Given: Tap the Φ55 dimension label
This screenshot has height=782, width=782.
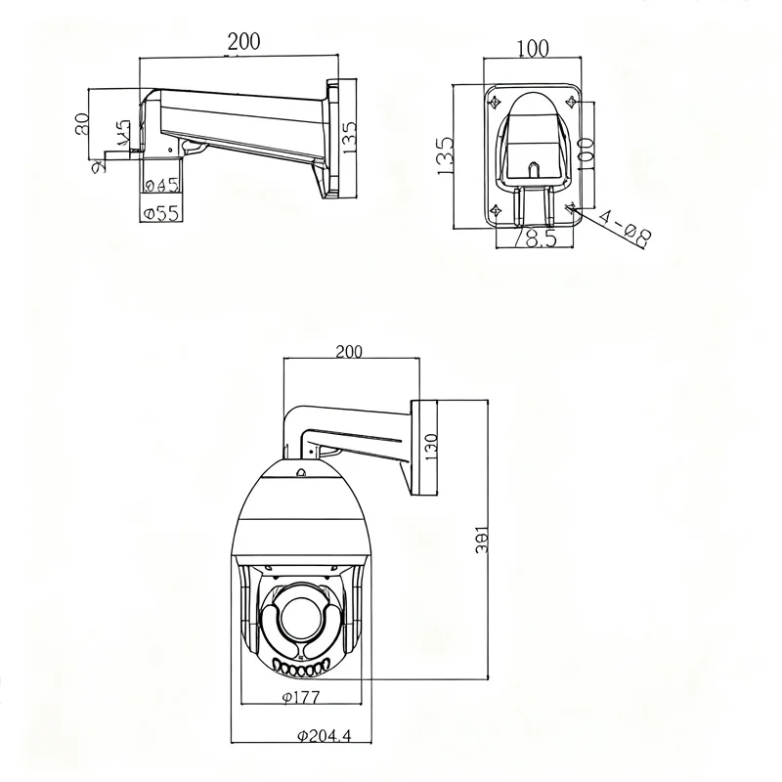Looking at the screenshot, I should (x=160, y=214).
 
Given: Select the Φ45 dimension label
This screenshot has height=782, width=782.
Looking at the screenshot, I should (x=160, y=185).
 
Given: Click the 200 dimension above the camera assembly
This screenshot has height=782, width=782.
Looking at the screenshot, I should (x=347, y=352).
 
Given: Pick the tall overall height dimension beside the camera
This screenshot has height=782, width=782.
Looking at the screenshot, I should (x=480, y=543).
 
